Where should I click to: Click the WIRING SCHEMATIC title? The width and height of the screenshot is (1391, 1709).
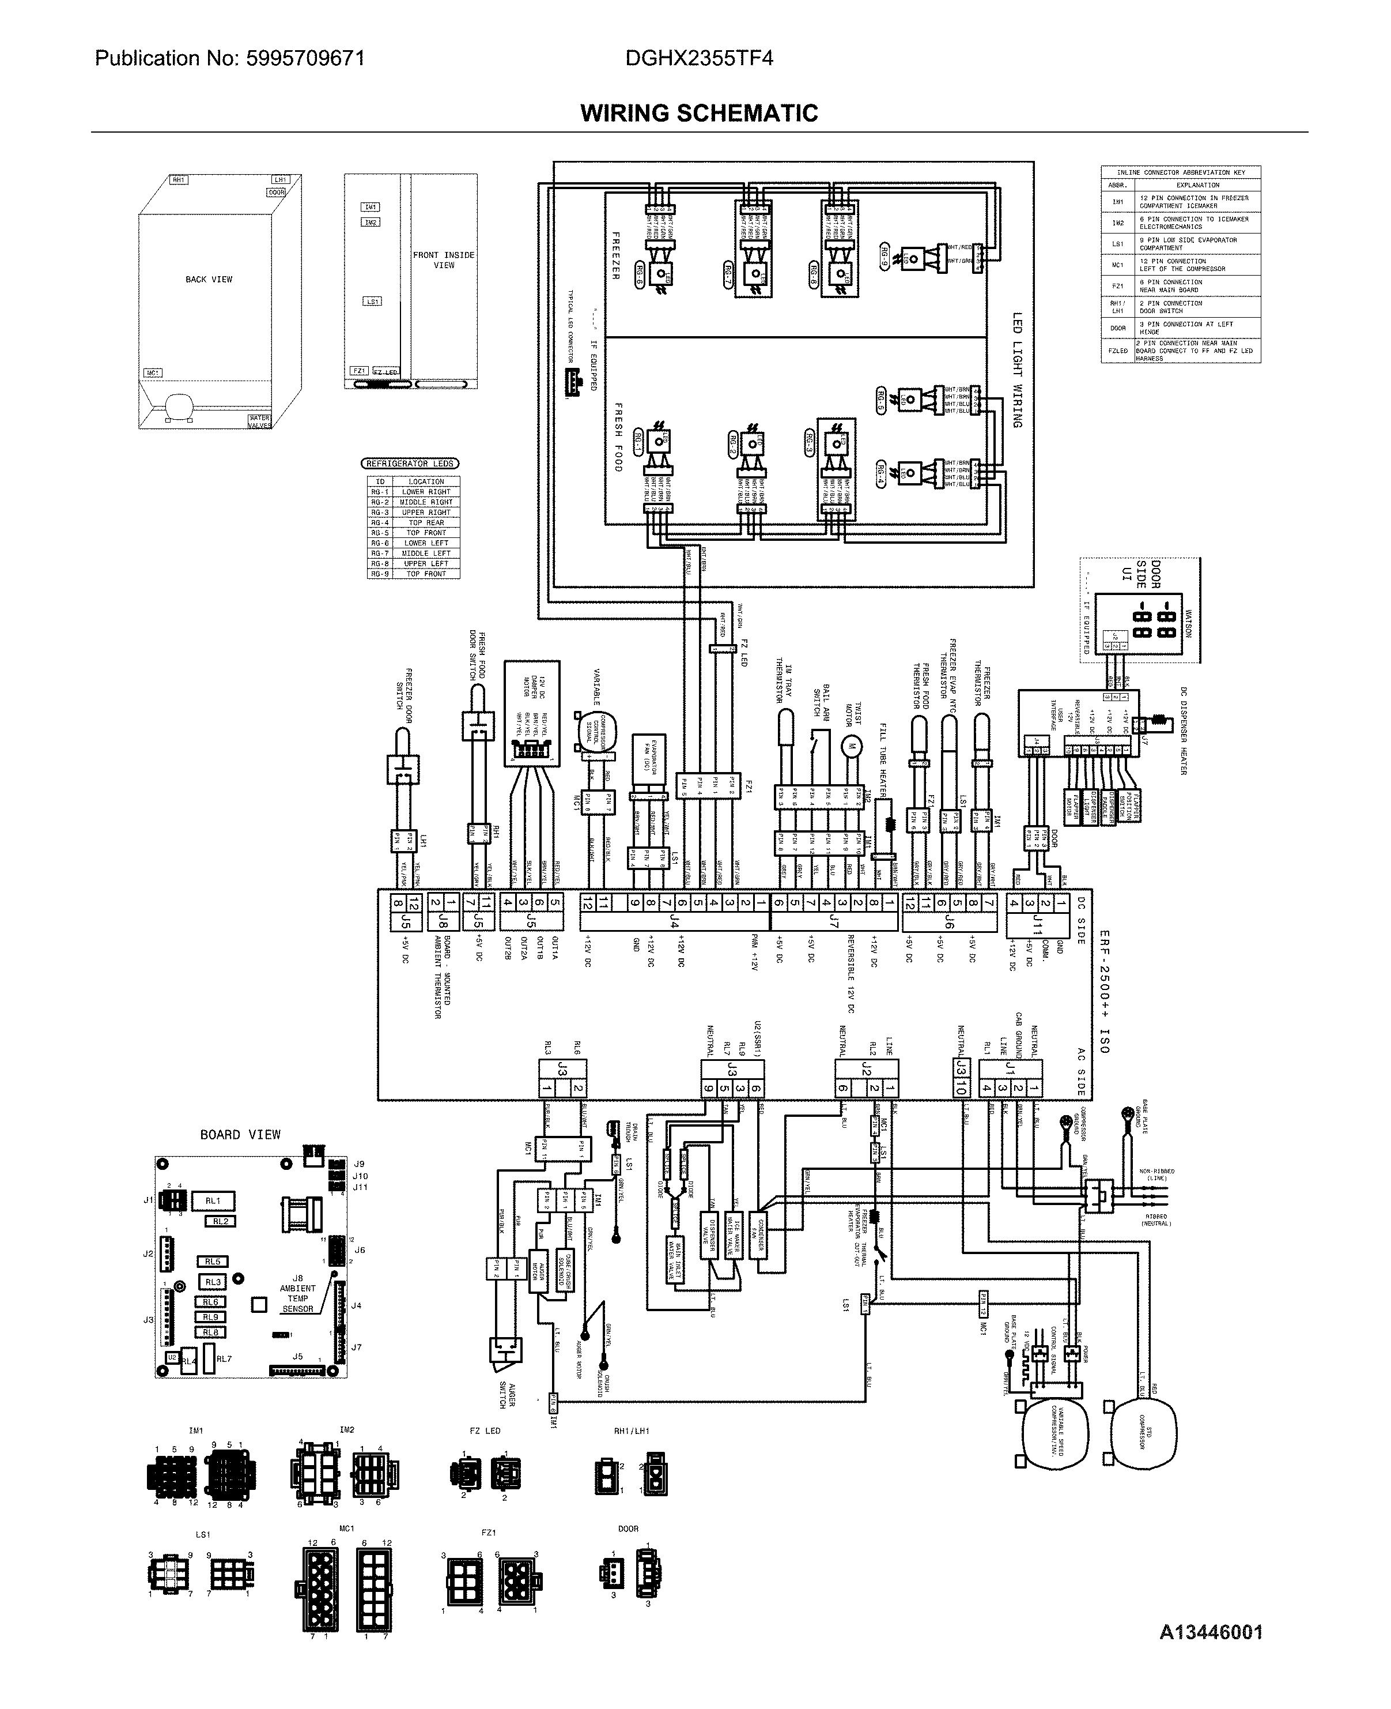tap(699, 113)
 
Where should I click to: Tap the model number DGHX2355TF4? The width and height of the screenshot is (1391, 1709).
tap(700, 58)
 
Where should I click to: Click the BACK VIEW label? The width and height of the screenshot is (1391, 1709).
tap(209, 280)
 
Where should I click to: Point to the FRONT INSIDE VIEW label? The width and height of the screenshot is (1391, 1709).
tap(444, 259)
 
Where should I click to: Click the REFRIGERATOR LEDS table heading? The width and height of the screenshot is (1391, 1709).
tap(410, 464)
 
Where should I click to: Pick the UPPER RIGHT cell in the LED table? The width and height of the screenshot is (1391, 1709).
tap(425, 512)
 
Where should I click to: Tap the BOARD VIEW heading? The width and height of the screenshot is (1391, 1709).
tap(240, 1134)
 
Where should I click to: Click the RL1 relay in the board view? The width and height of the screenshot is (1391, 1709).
tap(212, 1201)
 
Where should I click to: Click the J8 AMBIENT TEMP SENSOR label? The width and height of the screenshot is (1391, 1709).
tap(297, 1293)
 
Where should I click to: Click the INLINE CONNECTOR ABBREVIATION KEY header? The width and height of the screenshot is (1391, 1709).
tap(1180, 172)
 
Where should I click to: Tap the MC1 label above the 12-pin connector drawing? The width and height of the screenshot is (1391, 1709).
tap(346, 1529)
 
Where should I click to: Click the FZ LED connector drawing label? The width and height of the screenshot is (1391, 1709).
tap(485, 1431)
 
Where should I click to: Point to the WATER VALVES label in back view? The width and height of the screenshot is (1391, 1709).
tap(260, 421)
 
